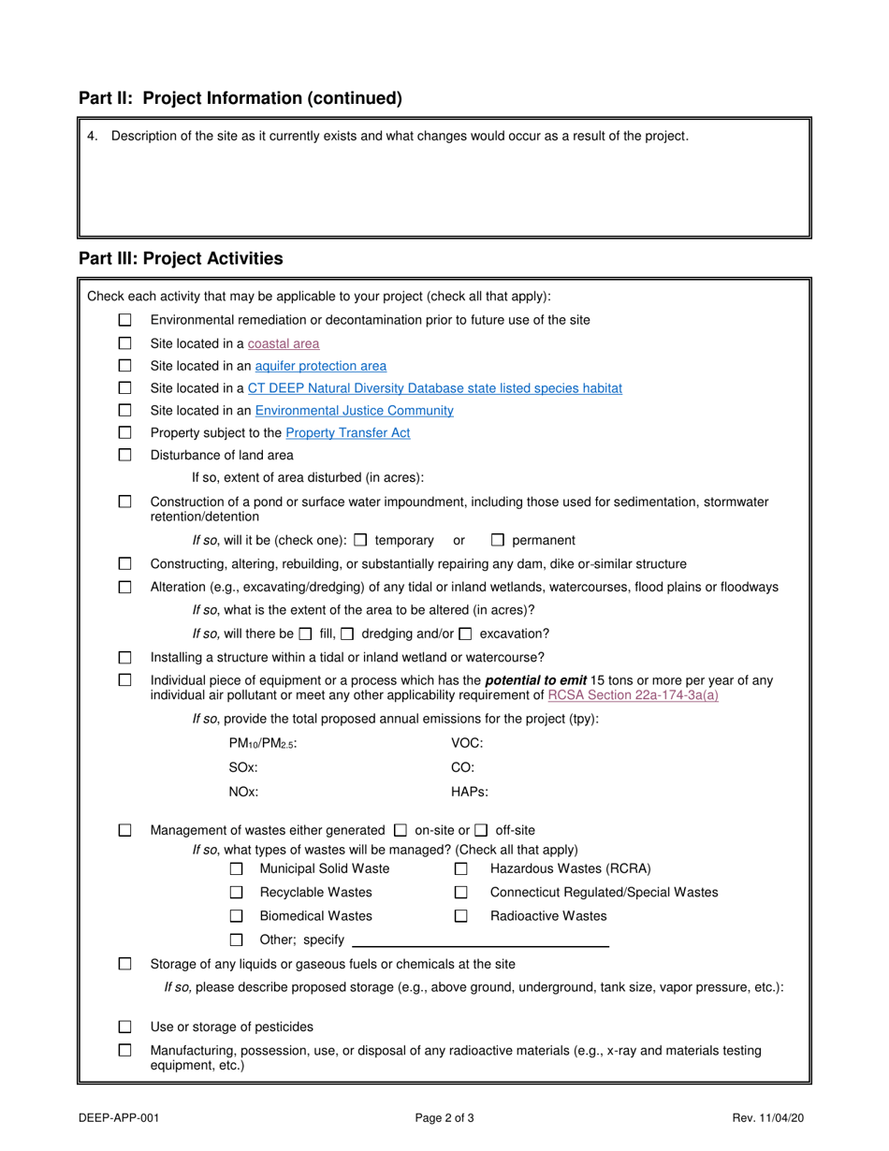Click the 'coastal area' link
pos(284,343)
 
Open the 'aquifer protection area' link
pos(320,366)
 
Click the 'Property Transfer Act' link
pos(347,433)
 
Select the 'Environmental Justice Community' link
pos(354,411)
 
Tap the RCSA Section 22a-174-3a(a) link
pos(633,695)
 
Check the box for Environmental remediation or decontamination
pos(125,320)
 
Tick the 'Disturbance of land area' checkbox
pos(125,456)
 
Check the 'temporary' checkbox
pos(361,540)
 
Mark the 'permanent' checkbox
pos(498,540)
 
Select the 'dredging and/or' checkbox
pos(347,634)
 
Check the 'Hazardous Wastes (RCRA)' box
pos(461,869)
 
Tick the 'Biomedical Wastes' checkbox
pos(237,916)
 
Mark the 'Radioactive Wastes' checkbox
pos(461,916)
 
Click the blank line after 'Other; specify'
pos(480,940)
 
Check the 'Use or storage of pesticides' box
pos(125,1027)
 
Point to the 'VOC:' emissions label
pos(467,743)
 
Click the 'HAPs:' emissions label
pos(470,792)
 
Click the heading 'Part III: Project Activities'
pos(181,258)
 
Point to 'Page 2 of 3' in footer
pos(444,1117)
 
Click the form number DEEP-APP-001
pos(112,1117)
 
